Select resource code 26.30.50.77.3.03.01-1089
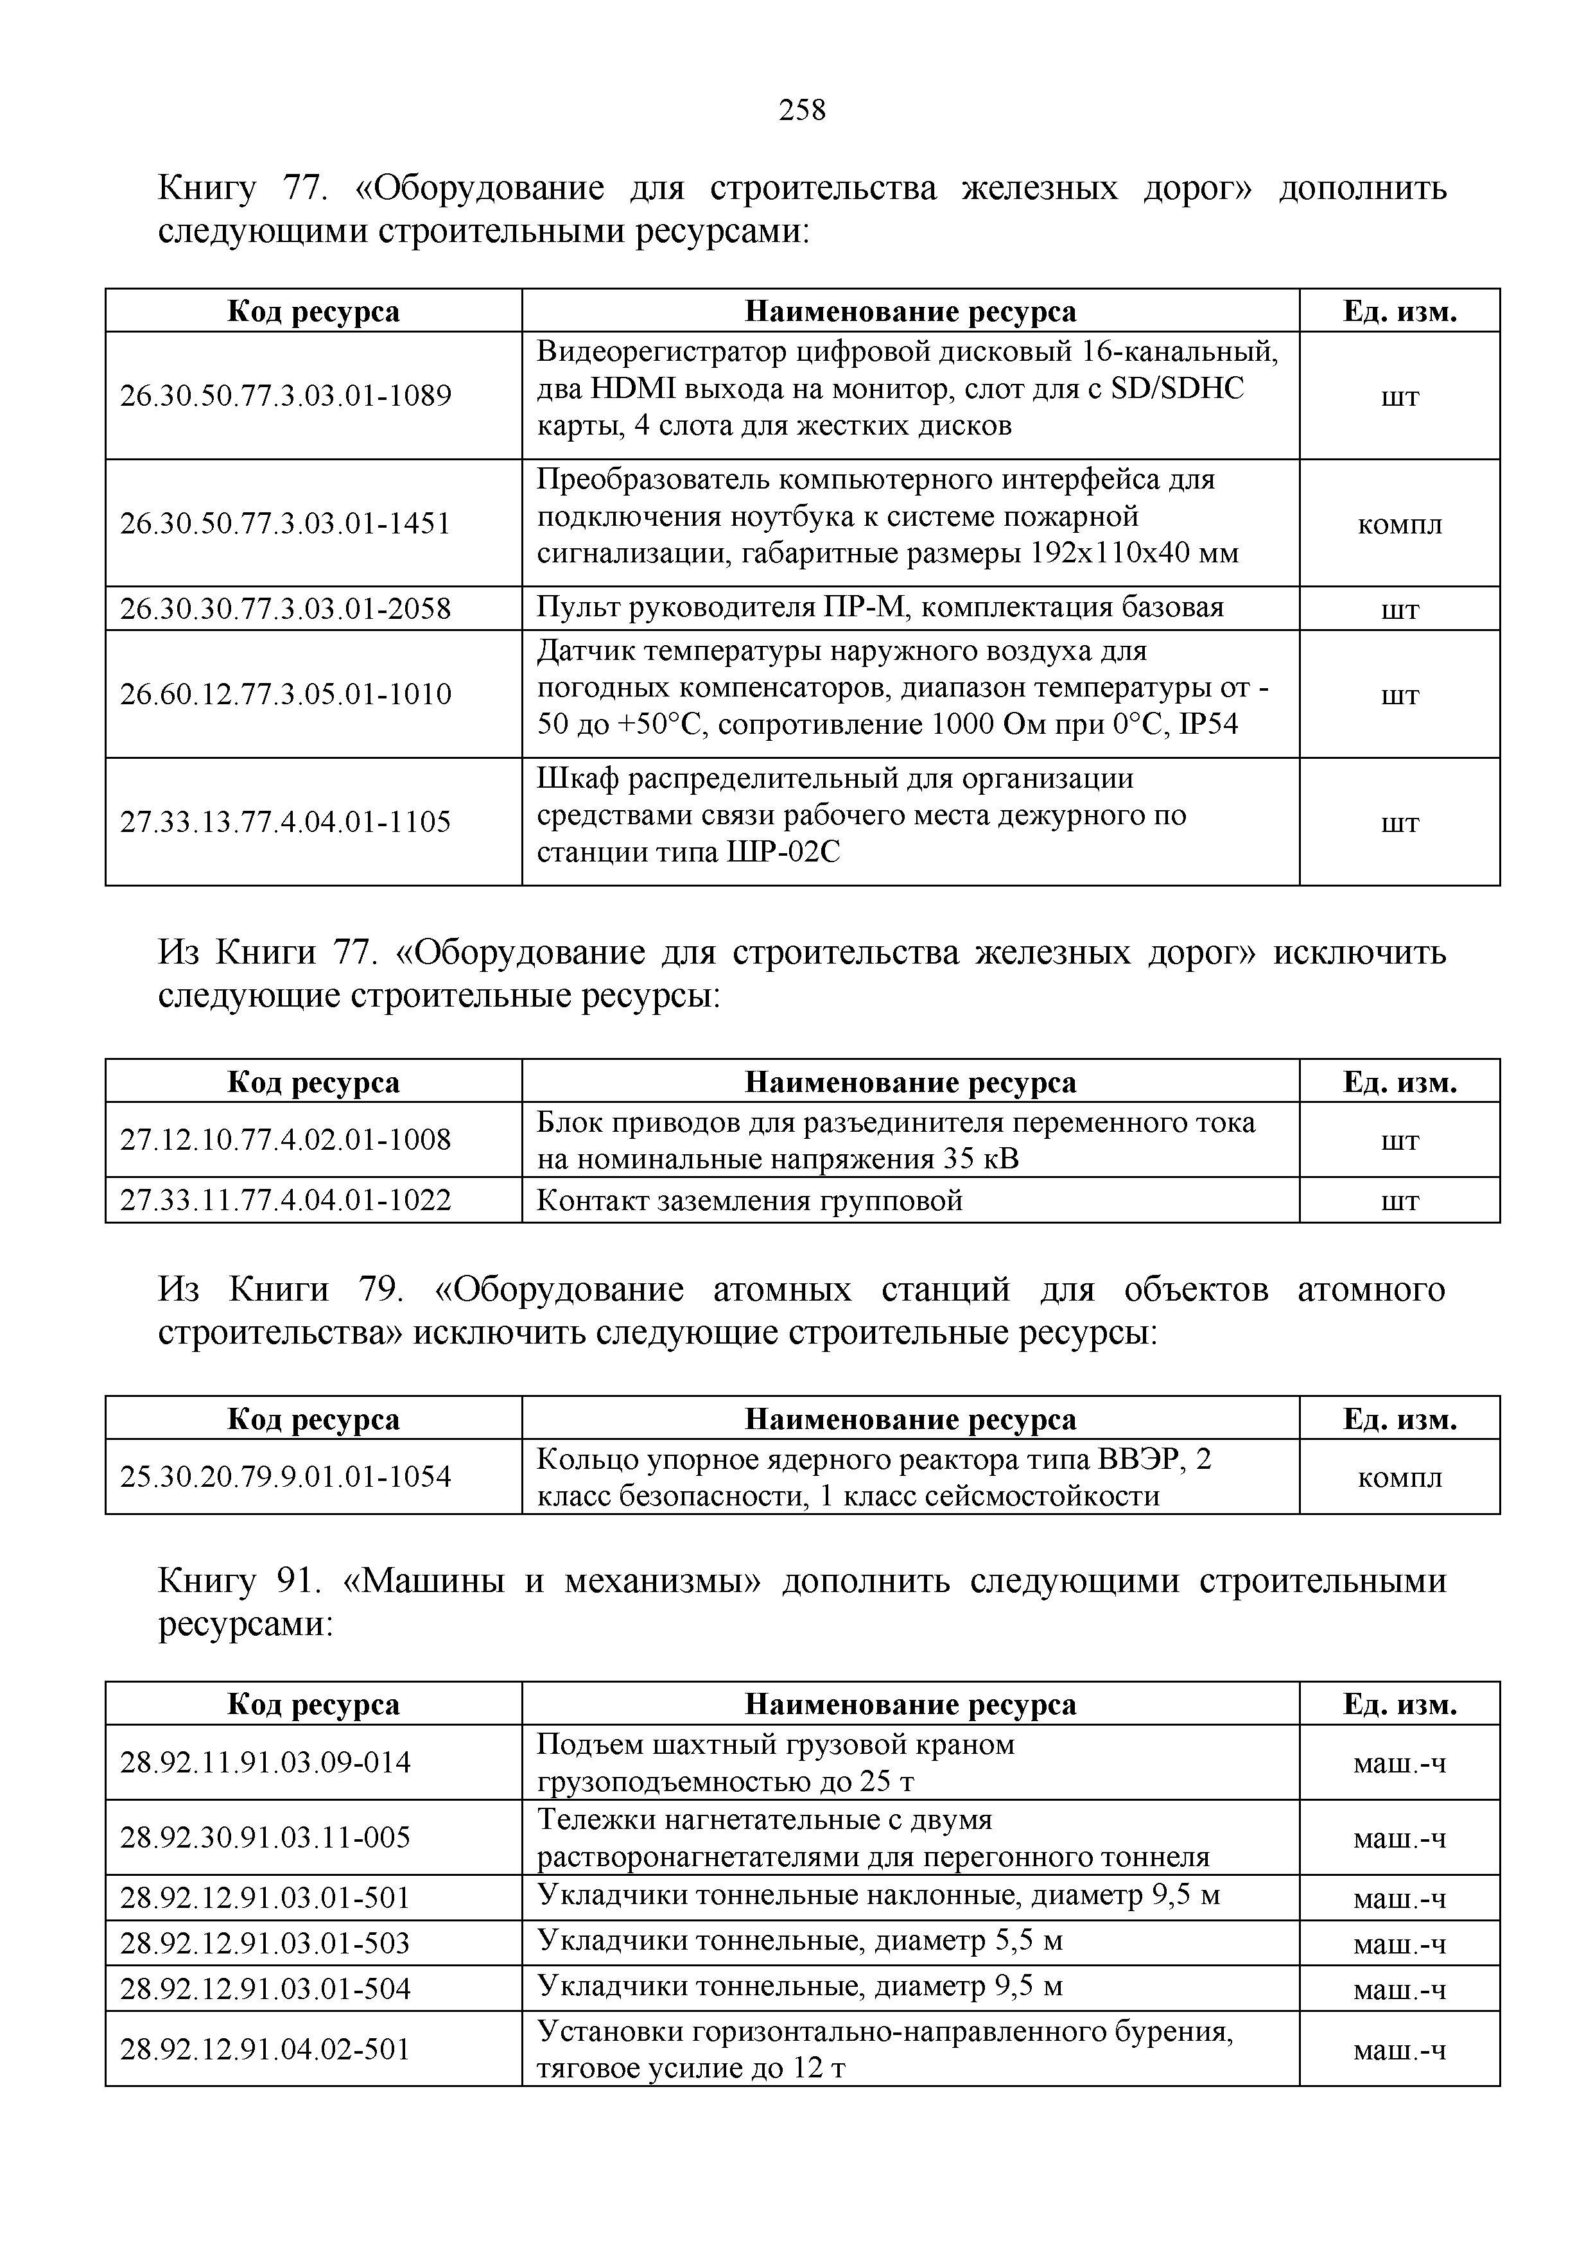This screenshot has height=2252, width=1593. pyautogui.click(x=286, y=396)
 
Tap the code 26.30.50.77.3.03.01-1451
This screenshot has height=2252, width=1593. pyautogui.click(x=286, y=524)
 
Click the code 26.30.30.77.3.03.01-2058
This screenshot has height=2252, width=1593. pyautogui.click(x=286, y=609)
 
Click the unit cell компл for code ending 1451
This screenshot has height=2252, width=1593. pyautogui.click(x=1399, y=524)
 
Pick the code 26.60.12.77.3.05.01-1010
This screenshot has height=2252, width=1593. pyautogui.click(x=286, y=695)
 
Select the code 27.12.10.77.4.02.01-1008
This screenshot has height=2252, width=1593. pyautogui.click(x=286, y=1139)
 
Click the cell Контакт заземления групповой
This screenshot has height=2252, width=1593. pyautogui.click(x=749, y=1200)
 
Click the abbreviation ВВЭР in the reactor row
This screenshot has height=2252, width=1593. pyautogui.click(x=1136, y=1459)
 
